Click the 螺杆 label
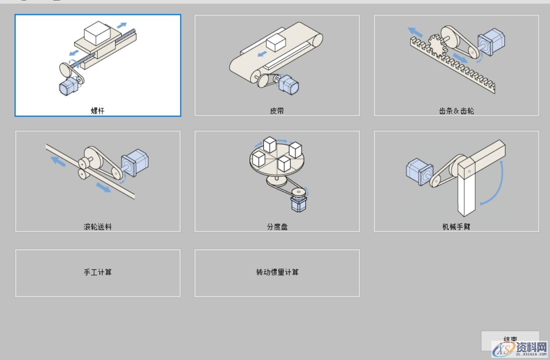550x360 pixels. coord(97,111)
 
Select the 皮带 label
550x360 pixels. coord(277,111)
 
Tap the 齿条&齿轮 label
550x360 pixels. coord(456,111)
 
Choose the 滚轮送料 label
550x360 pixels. coord(97,227)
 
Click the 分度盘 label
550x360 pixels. coord(277,227)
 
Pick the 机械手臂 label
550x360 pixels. coord(456,227)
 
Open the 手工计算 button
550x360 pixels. coord(97,273)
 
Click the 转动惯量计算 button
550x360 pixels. coord(277,273)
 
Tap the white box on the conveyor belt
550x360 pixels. coord(276,43)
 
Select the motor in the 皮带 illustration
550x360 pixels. coord(289,84)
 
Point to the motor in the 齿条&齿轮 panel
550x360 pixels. coord(491,42)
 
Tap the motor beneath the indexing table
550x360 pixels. coord(299,203)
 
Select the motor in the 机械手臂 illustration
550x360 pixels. coord(419,172)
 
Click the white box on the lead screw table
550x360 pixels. coord(97,33)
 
